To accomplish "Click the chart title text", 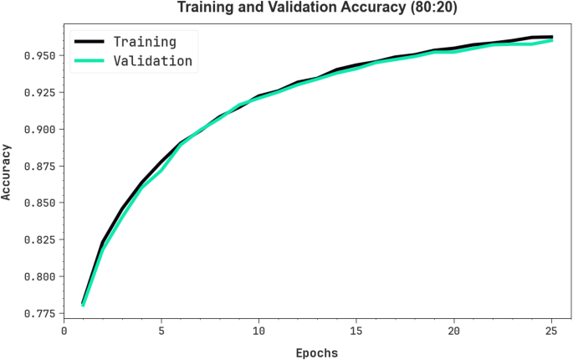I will point(316,9).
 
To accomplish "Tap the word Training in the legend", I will point(145,41).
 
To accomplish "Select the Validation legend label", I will point(153,60).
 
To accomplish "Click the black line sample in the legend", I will point(89,41).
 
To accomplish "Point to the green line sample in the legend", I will point(89,60).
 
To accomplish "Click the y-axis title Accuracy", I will point(8,172).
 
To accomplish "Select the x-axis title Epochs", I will point(316,353).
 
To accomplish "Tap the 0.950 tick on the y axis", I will point(39,55).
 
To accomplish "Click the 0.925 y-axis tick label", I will point(39,92).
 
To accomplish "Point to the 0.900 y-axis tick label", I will point(39,129).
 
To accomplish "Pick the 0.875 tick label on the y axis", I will point(39,166).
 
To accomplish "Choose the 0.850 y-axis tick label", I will point(39,203).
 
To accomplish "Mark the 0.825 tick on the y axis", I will point(39,239).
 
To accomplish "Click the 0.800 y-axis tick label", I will point(39,276).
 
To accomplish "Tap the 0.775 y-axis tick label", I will point(39,313).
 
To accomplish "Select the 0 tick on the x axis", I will point(64,331).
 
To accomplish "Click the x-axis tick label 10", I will point(259,331).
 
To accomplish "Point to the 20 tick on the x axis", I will point(454,331).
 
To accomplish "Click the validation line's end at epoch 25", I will point(552,40).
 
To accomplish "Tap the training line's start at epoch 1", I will point(83,302).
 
